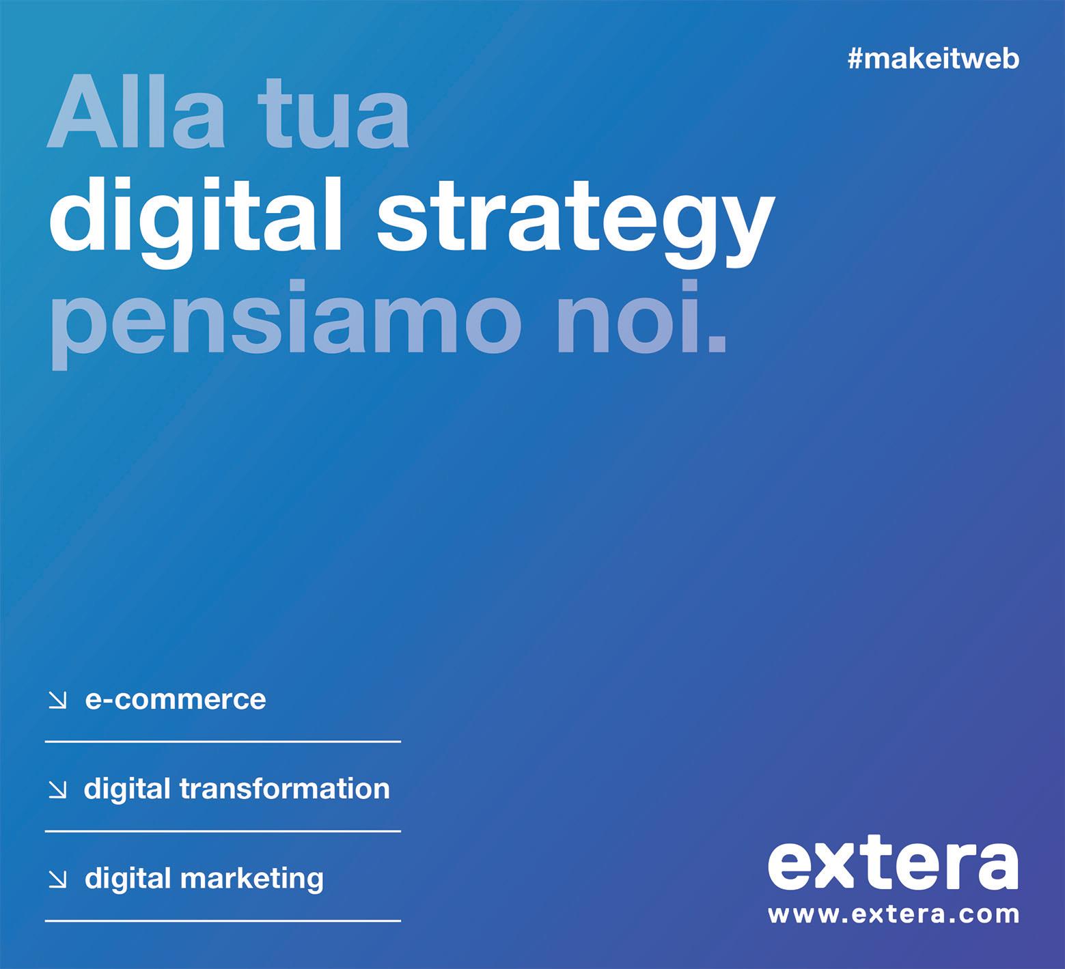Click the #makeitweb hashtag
[933, 59]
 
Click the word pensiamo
[281, 321]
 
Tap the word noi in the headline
[639, 317]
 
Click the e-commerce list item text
[176, 699]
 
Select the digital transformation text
[236, 789]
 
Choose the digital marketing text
[204, 879]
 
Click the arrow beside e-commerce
[58, 700]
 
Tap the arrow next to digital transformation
[58, 789]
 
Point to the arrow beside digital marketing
[58, 880]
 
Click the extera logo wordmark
[893, 865]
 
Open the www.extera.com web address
[894, 914]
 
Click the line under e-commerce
[223, 741]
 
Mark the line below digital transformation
[223, 831]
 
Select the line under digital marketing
[223, 921]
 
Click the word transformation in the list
[284, 789]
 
